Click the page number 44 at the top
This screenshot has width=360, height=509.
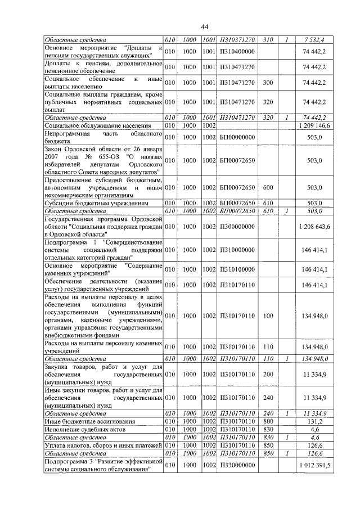coord(204,28)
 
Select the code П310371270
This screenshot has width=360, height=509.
coord(237,39)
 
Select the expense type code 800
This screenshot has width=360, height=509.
coord(268,421)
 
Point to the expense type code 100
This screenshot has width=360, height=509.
coord(268,316)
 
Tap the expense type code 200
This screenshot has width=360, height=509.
coord(268,373)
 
